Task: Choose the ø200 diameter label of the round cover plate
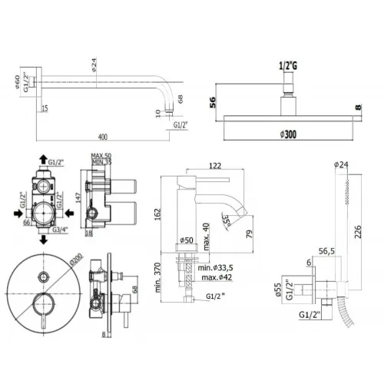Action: [x=74, y=263]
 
